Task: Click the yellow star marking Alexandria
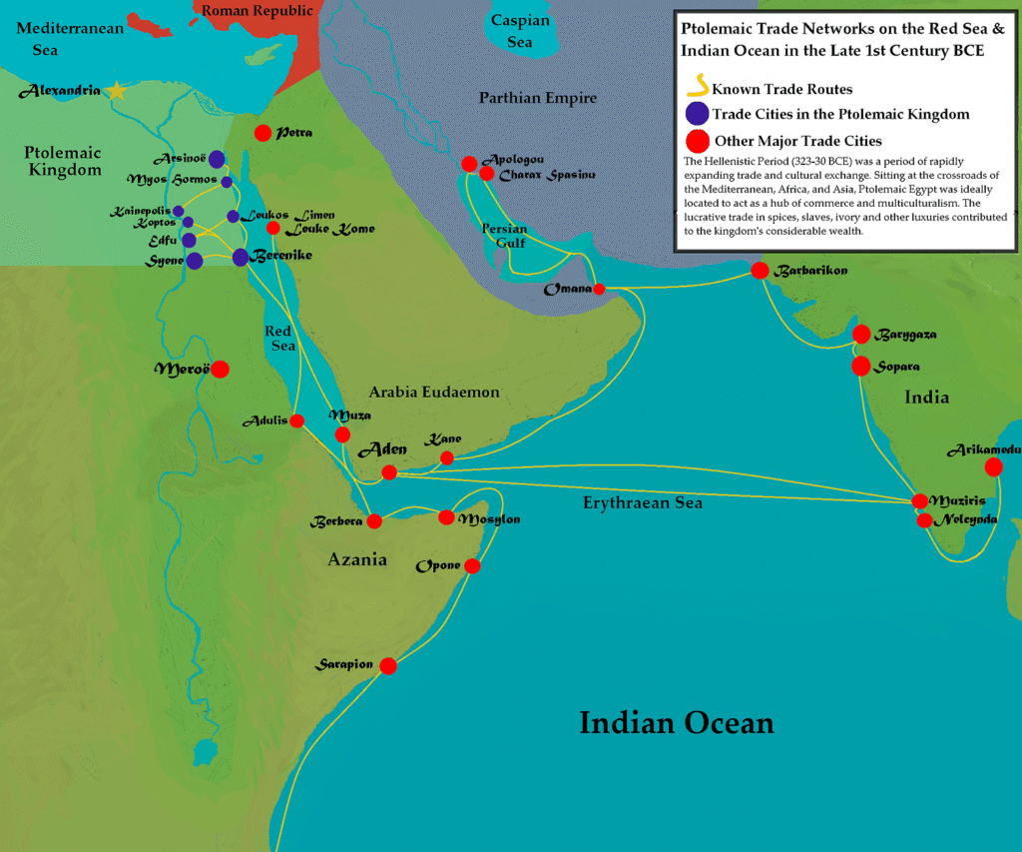(x=117, y=91)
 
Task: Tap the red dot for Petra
(x=262, y=132)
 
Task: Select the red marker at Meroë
(x=220, y=369)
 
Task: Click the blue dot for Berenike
(x=241, y=258)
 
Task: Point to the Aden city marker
(x=389, y=471)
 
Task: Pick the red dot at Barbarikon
(x=760, y=270)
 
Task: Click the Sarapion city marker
(x=388, y=666)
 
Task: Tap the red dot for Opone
(x=472, y=566)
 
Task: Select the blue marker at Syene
(x=195, y=261)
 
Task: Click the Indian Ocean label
(x=677, y=722)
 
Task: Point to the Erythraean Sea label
(x=643, y=502)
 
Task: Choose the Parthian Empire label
(x=537, y=98)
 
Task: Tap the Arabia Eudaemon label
(x=434, y=393)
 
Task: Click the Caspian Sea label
(x=519, y=31)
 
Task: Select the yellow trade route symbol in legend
(x=697, y=87)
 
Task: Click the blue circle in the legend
(x=697, y=114)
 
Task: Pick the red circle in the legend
(x=697, y=141)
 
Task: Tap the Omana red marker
(x=599, y=290)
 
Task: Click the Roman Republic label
(x=257, y=11)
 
